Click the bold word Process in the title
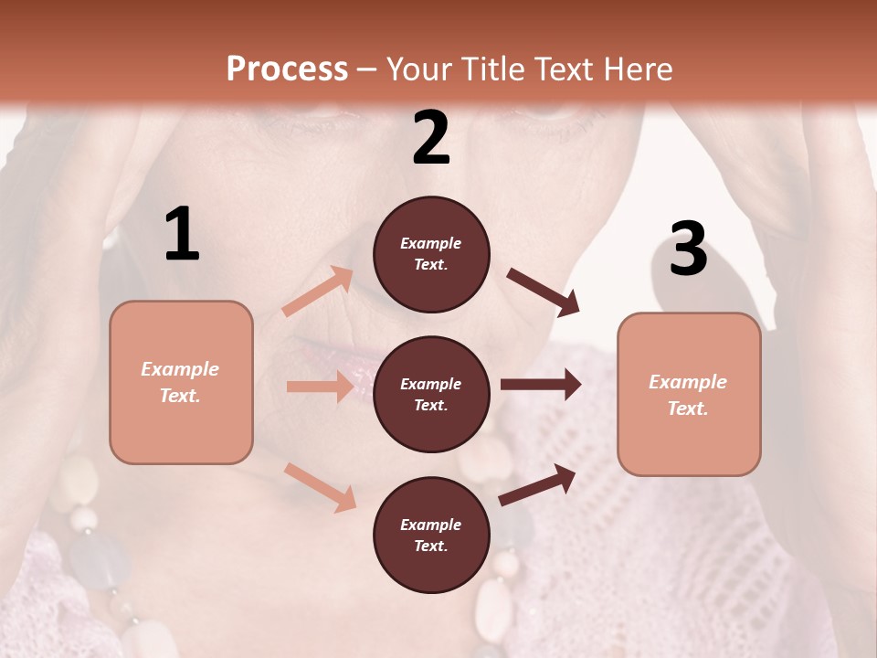(x=287, y=69)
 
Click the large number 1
(x=182, y=236)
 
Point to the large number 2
(x=431, y=138)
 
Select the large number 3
(x=688, y=249)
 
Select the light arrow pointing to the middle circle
(x=320, y=387)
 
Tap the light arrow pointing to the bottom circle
(x=320, y=486)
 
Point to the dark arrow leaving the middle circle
(x=541, y=385)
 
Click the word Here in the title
(x=639, y=69)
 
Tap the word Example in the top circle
(x=431, y=243)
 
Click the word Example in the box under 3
(x=688, y=382)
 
